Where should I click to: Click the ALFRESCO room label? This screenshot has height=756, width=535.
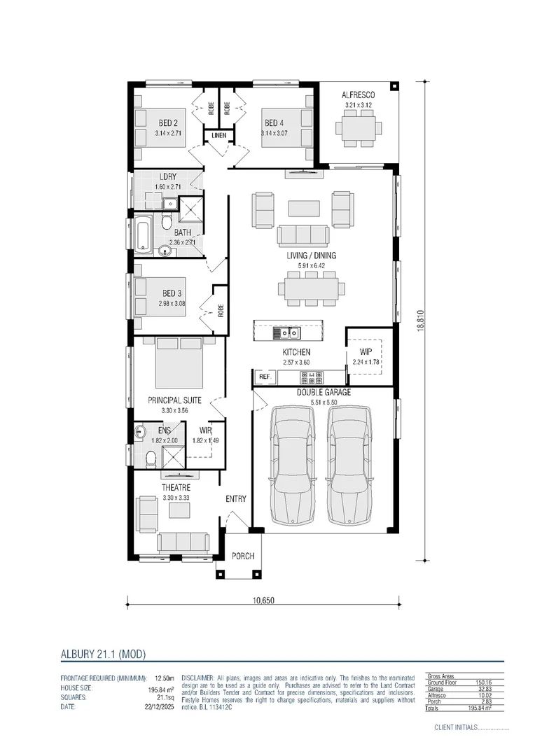[x=359, y=94]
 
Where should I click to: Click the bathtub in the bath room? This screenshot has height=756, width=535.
[x=144, y=235]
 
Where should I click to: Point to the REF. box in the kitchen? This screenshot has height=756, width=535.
[x=265, y=377]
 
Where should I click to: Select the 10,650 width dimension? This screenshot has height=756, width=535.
[x=263, y=600]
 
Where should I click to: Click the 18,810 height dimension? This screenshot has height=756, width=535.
[x=421, y=321]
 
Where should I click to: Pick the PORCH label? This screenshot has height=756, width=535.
[x=243, y=556]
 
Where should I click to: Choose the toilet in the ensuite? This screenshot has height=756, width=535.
[x=150, y=458]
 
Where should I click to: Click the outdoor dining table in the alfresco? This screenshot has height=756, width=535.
[x=359, y=128]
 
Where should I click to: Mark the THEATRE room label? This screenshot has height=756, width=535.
[x=176, y=487]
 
